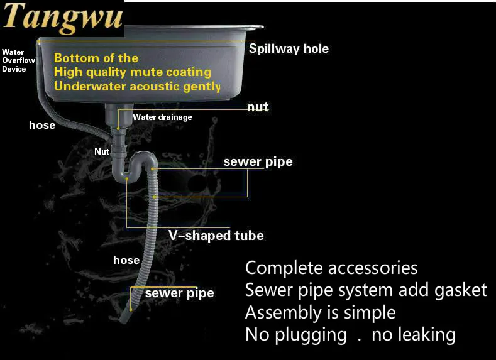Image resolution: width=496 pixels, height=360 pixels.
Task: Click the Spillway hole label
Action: click(289, 48)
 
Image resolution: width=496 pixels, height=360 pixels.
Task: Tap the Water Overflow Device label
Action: click(18, 60)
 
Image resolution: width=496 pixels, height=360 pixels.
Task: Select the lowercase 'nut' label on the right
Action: click(258, 107)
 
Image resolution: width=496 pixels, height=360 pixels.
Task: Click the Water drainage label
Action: click(162, 117)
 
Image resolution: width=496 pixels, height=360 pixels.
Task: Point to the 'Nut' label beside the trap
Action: click(102, 151)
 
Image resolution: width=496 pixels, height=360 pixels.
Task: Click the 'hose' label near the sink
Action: click(42, 125)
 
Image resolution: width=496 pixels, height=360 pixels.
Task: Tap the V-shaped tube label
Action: click(216, 236)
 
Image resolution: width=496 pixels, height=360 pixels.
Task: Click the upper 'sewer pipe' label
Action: click(258, 161)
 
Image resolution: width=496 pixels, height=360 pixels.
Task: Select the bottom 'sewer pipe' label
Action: click(179, 293)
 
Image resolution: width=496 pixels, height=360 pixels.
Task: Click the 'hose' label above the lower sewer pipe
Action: click(126, 259)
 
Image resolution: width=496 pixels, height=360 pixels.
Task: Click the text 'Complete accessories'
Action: click(331, 268)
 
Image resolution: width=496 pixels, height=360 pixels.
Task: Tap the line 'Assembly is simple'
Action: click(320, 312)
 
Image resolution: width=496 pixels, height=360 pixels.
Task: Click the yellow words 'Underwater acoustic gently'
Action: click(137, 86)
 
